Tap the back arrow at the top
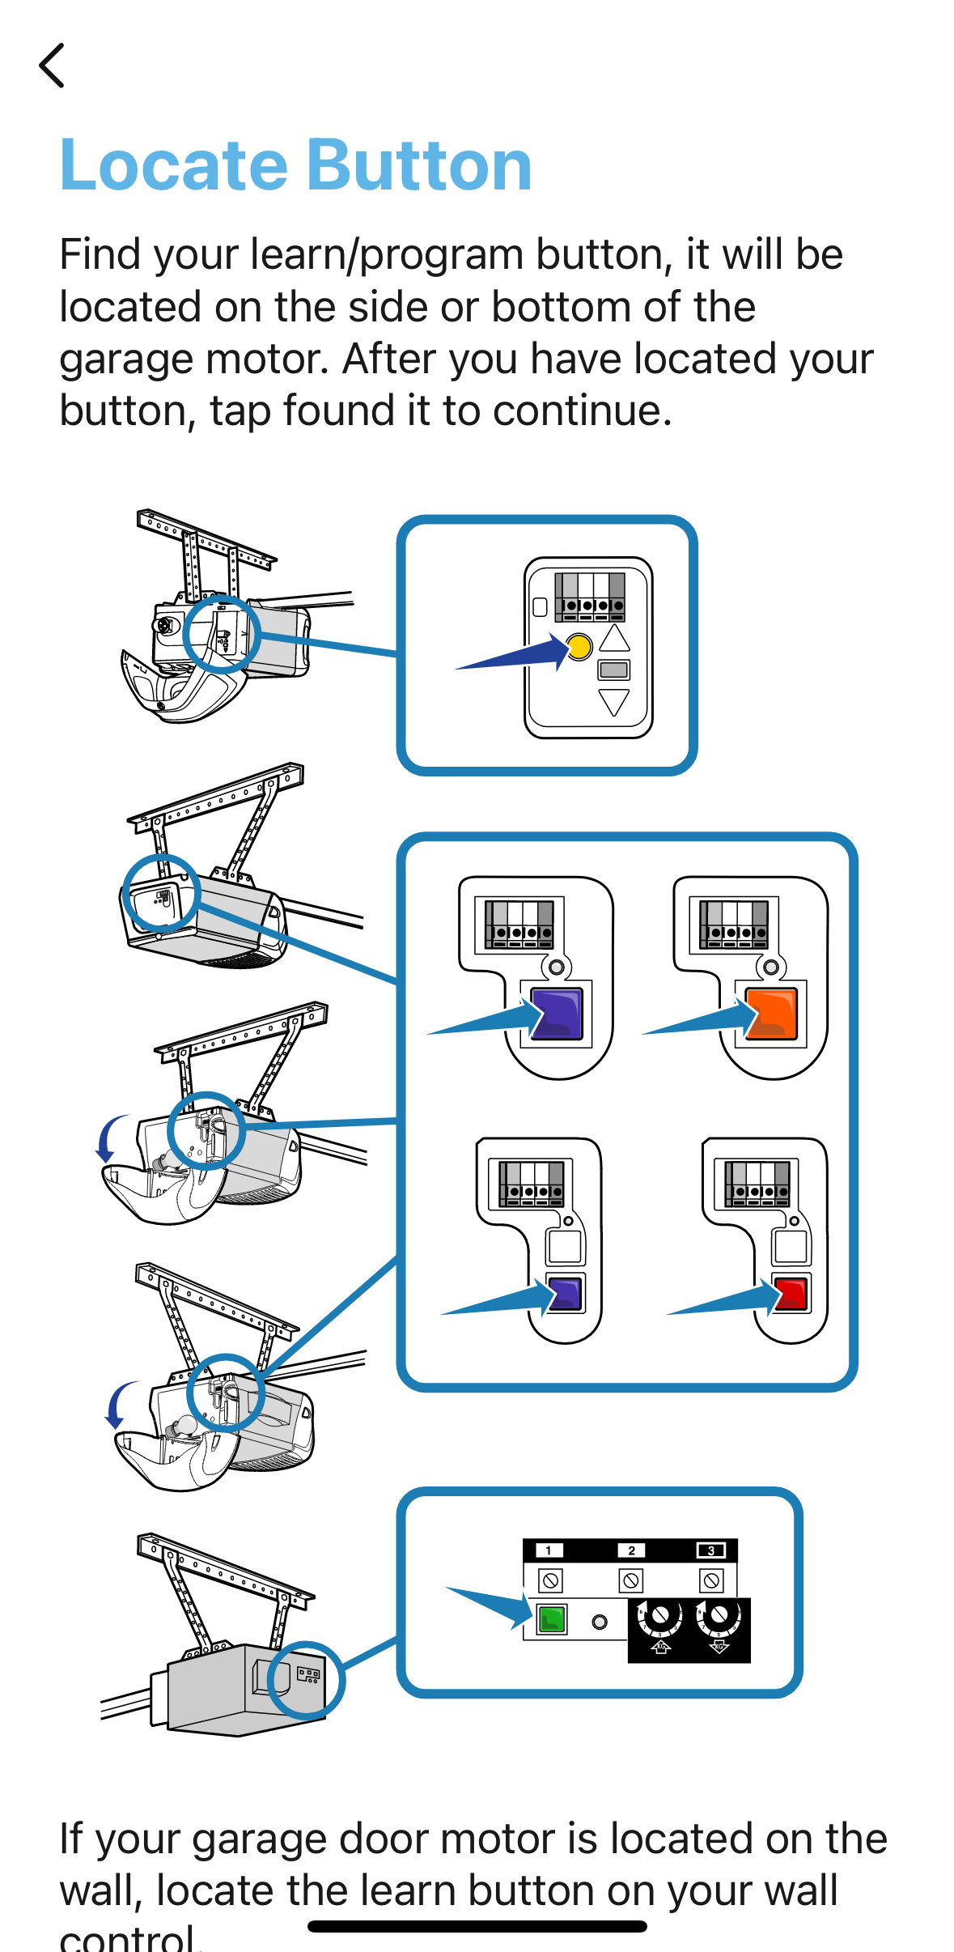pos(52,66)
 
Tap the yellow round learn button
pos(579,647)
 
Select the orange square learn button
pos(772,1013)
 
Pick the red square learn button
pos(791,1293)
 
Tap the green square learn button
pos(552,1619)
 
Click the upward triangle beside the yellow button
pos(615,638)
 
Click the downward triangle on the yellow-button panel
pos(614,702)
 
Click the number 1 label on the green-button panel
pos(549,1550)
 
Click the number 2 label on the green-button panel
pos(631,1550)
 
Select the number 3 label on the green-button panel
pos(711,1550)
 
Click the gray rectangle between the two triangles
pos(614,670)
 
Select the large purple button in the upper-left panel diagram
pos(557,1014)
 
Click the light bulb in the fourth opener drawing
pos(184,1425)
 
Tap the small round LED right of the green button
pos(600,1622)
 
